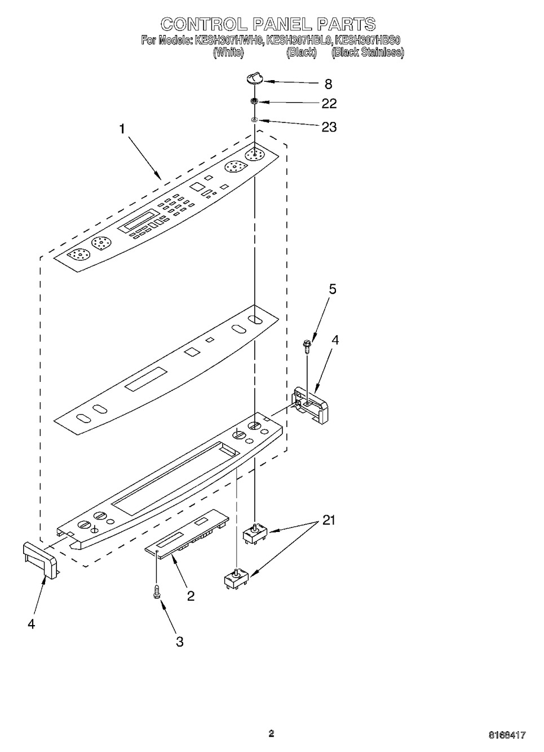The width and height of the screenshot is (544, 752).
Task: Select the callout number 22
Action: tap(329, 103)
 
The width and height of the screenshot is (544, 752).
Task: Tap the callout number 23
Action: tap(329, 127)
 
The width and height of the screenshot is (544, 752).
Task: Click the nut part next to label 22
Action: tap(254, 102)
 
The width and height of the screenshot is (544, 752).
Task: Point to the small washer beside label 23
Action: tap(254, 120)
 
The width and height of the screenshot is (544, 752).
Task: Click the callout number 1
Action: tap(122, 129)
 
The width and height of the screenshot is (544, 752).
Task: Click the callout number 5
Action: tap(333, 289)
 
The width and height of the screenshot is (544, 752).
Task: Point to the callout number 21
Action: tap(328, 520)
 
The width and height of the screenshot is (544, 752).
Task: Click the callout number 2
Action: tap(191, 596)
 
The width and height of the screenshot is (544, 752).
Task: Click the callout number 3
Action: tap(179, 641)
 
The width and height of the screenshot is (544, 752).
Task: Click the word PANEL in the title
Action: tap(281, 24)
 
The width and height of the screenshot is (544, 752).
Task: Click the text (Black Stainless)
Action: tap(368, 52)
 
